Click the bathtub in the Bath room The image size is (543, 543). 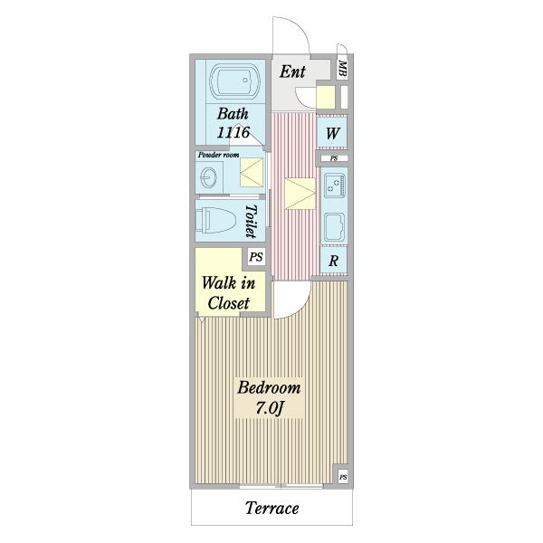235,81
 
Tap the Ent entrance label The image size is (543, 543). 292,72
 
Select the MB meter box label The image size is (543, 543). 342,69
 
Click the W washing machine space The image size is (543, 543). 332,133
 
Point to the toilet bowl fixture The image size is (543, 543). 215,220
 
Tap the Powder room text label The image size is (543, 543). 218,155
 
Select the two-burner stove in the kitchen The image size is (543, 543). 335,185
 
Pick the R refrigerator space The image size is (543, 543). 333,260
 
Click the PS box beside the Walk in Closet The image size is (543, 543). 256,257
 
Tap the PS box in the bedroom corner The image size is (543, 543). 343,477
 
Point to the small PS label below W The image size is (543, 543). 334,158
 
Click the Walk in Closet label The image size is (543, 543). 229,293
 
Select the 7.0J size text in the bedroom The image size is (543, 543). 270,407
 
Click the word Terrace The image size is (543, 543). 271,508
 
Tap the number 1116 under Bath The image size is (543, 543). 233,132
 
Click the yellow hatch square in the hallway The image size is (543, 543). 300,194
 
